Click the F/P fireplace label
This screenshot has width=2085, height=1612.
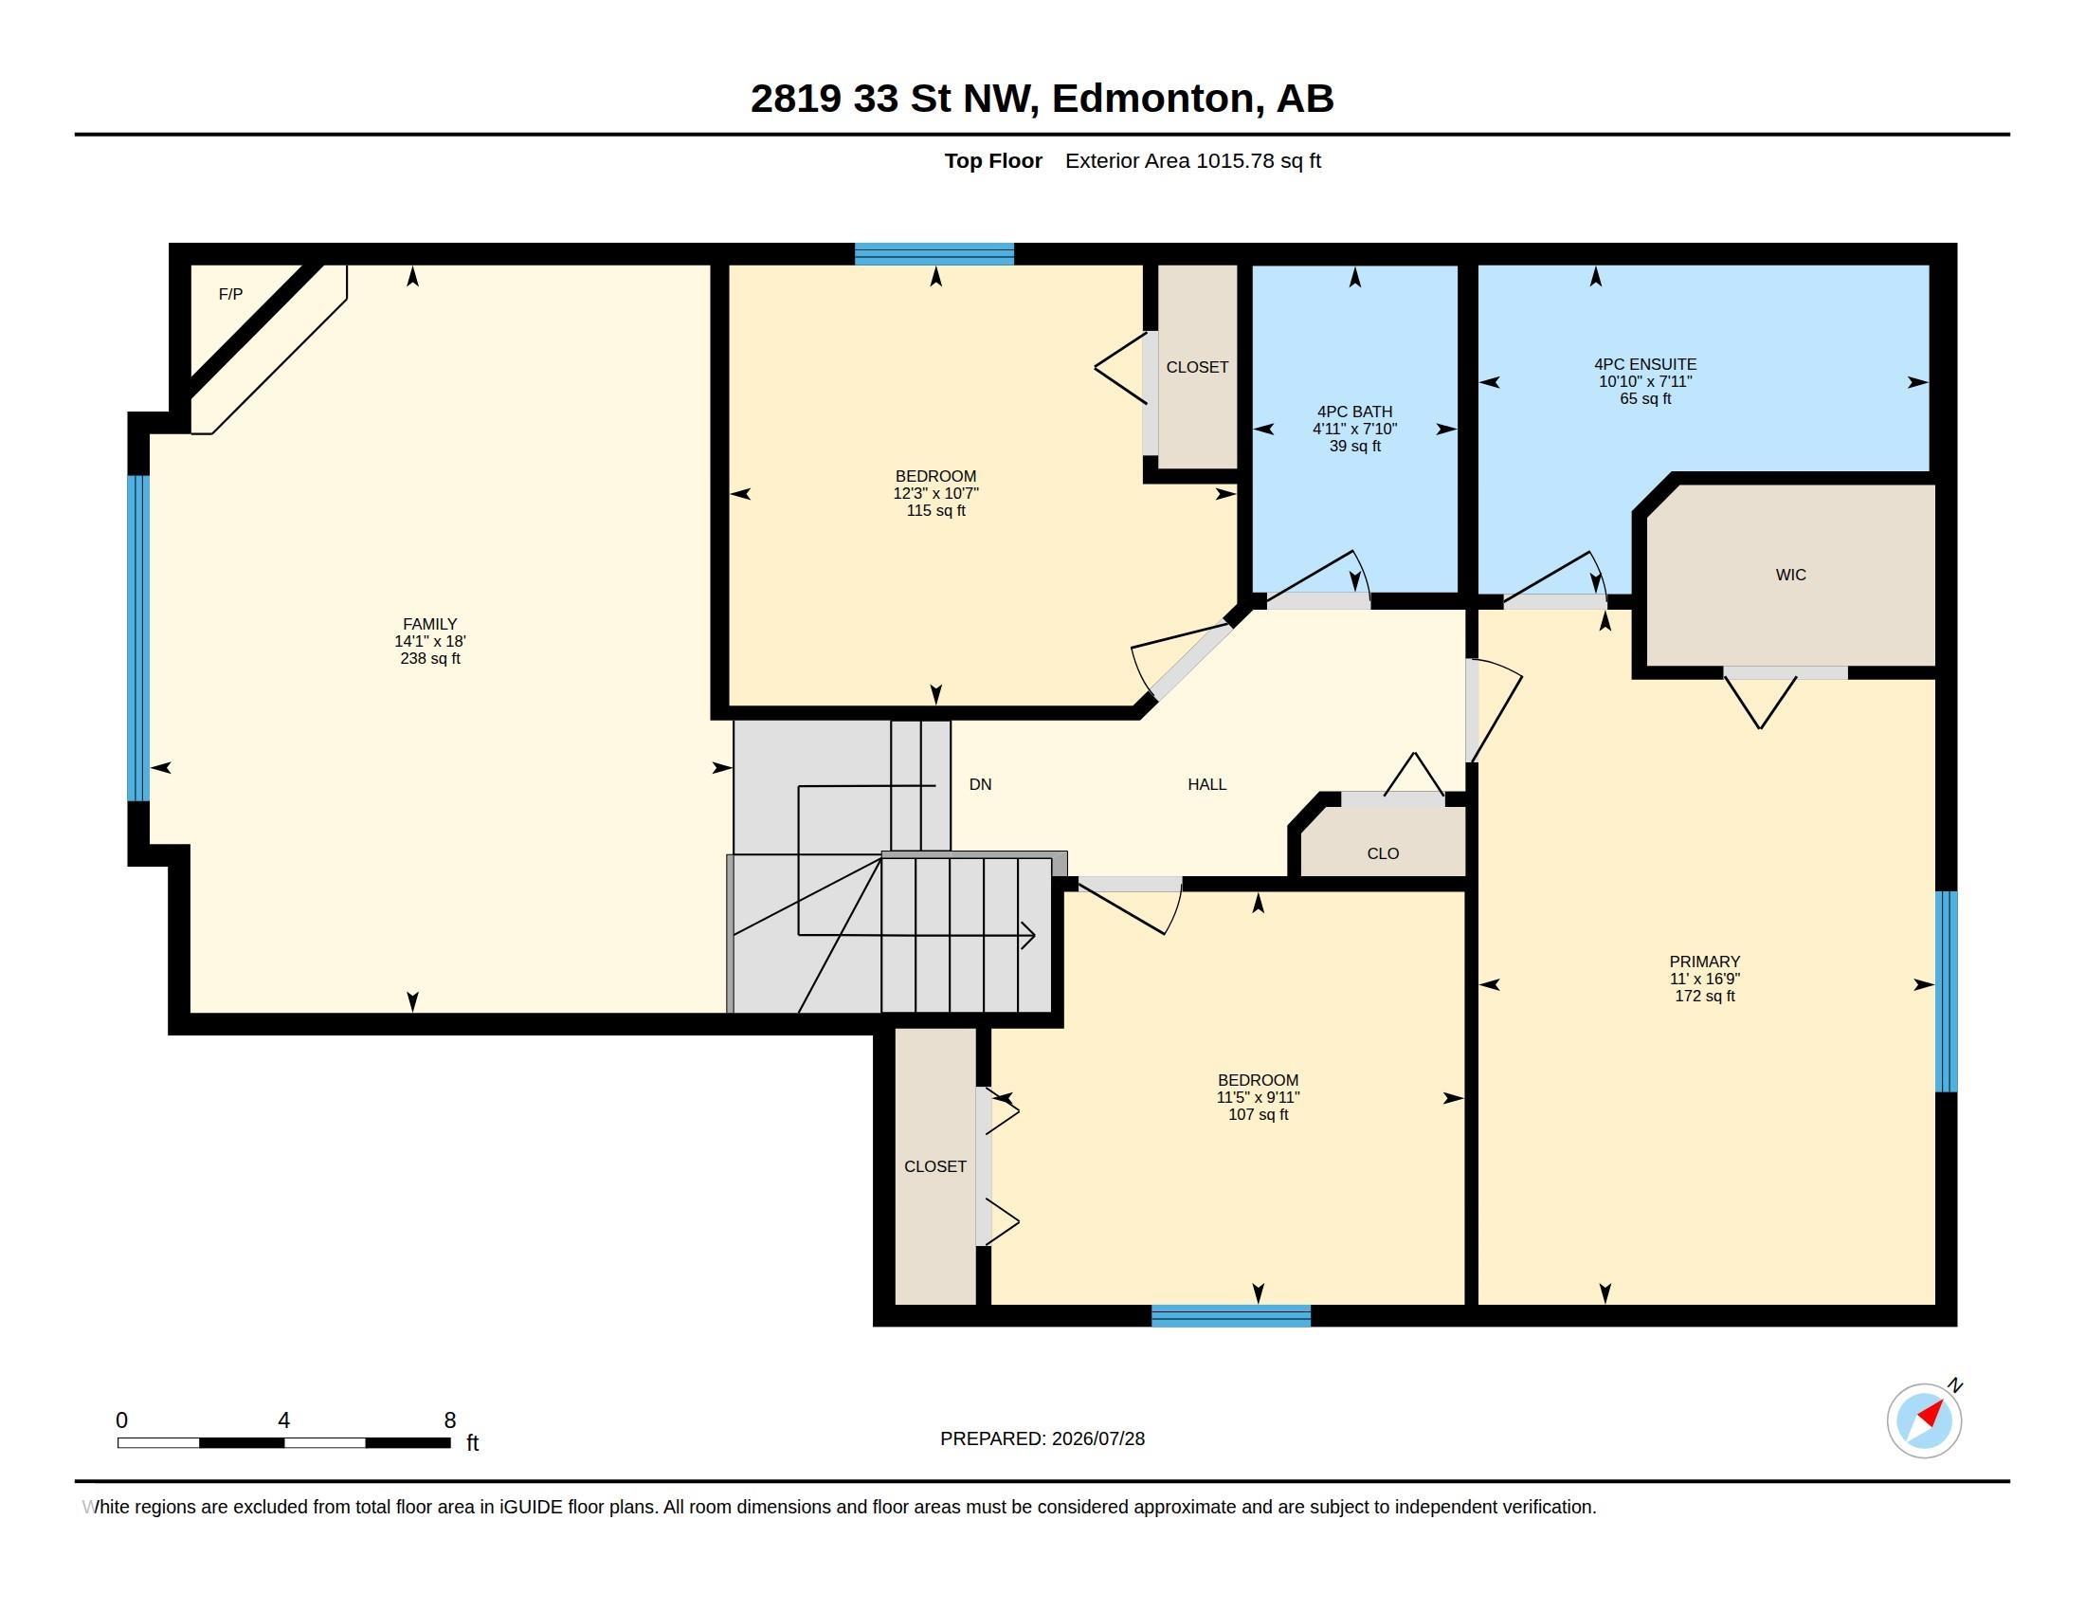pyautogui.click(x=230, y=294)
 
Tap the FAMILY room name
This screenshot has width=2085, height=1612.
pyautogui.click(x=429, y=624)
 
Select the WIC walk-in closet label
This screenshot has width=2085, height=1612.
pyautogui.click(x=1790, y=575)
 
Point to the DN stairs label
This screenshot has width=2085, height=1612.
pyautogui.click(x=981, y=784)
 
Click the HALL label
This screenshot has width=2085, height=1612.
pyautogui.click(x=1206, y=784)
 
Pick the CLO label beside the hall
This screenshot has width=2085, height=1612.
pyautogui.click(x=1383, y=853)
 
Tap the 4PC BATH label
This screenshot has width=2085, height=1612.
pyautogui.click(x=1354, y=412)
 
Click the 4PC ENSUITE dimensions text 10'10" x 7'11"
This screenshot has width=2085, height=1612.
pyautogui.click(x=1645, y=381)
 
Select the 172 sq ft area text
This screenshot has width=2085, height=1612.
pyautogui.click(x=1704, y=996)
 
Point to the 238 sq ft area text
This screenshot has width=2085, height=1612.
pyautogui.click(x=429, y=658)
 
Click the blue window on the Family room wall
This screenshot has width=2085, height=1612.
pyautogui.click(x=138, y=638)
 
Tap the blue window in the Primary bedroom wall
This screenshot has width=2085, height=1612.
pyautogui.click(x=1946, y=991)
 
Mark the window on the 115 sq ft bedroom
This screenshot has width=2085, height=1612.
pyautogui.click(x=934, y=254)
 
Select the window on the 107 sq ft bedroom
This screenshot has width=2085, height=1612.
pyautogui.click(x=1230, y=1315)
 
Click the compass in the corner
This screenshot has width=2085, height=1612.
pyautogui.click(x=1924, y=1420)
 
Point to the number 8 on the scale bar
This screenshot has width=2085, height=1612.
pyautogui.click(x=449, y=1420)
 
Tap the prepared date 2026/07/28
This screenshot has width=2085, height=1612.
pyautogui.click(x=1097, y=1438)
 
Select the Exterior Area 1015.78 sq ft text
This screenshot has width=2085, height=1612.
pyautogui.click(x=1192, y=160)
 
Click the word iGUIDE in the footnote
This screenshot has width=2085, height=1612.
pyautogui.click(x=530, y=1507)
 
